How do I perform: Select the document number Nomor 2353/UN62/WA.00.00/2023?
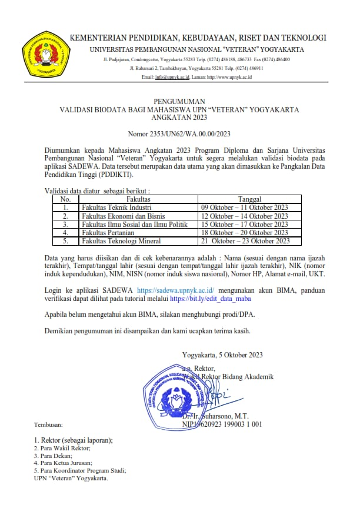pos(179,135)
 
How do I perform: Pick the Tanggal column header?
pos(249,199)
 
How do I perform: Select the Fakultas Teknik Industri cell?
pos(117,208)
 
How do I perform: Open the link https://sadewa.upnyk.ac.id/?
pos(175,290)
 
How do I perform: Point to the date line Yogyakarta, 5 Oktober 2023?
pos(222,354)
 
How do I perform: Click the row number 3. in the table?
pos(66,224)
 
